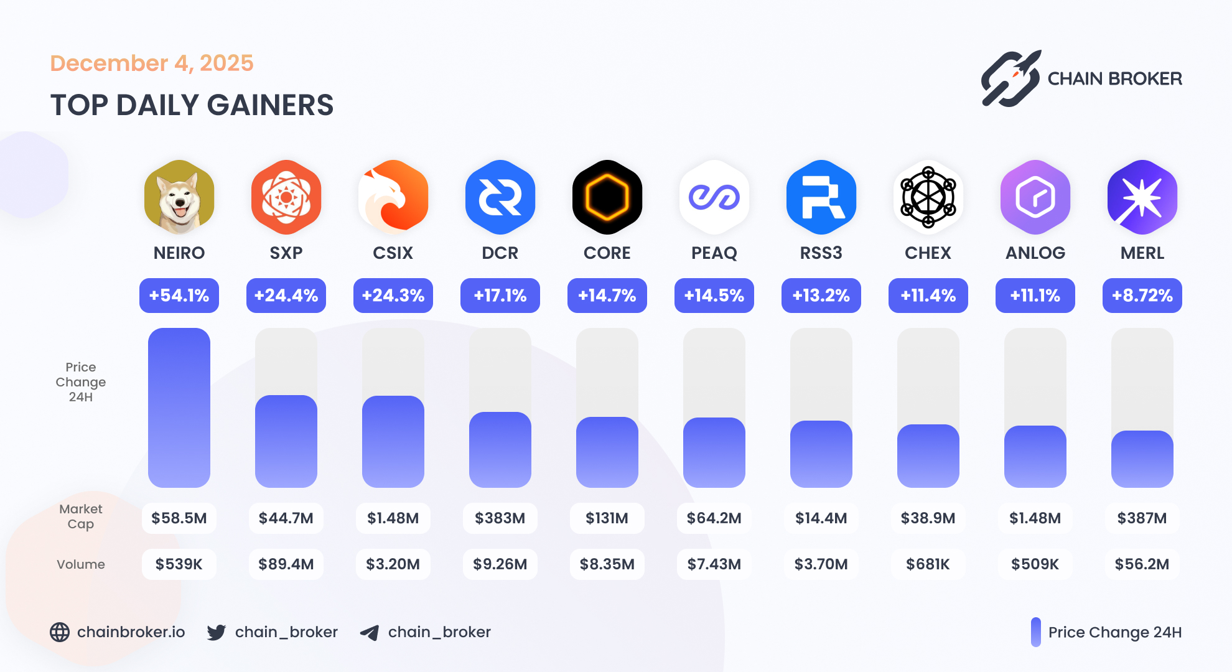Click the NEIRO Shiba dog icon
click(179, 197)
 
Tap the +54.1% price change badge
click(179, 296)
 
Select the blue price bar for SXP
click(286, 441)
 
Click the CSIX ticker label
click(393, 253)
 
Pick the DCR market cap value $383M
click(500, 518)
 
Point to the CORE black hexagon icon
click(607, 197)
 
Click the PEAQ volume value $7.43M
click(714, 564)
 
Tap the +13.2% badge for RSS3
click(821, 296)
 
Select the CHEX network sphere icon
click(928, 197)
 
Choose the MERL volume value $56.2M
click(1142, 564)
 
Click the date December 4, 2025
click(152, 63)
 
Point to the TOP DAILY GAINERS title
click(192, 105)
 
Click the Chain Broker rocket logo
click(1010, 78)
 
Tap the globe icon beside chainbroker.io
click(60, 632)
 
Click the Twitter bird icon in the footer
click(217, 632)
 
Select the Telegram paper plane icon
click(370, 633)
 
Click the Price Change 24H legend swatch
click(1035, 632)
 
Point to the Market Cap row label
click(81, 516)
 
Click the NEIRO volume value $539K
click(179, 564)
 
